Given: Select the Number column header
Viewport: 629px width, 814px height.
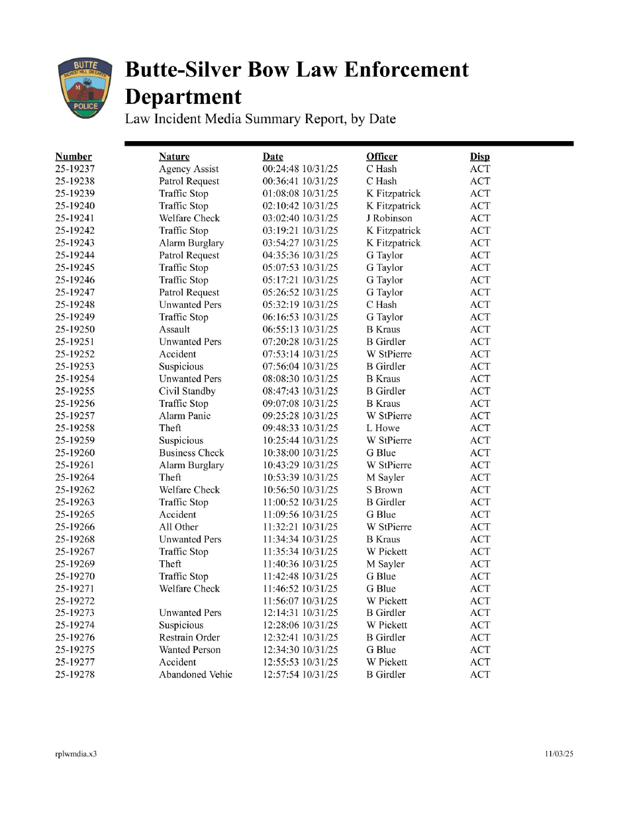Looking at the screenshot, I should coord(73,157).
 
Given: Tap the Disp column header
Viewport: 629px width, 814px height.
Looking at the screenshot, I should coord(479,157).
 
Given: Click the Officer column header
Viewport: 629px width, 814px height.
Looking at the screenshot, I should coord(381,157).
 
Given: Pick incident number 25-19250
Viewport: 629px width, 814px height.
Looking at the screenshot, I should coord(75,329).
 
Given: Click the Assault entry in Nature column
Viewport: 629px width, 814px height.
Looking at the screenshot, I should coord(174,329).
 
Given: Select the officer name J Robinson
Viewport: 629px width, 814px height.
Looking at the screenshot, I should coord(389,218).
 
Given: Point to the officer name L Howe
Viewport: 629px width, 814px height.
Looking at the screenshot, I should coord(383,428).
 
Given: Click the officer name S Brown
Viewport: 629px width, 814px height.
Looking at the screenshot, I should coord(384,489).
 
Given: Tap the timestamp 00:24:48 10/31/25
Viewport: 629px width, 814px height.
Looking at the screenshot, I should coord(300,169).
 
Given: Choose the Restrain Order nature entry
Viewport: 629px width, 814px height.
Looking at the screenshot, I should coord(189,637).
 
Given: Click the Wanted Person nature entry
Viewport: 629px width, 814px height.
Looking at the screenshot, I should coord(189,650).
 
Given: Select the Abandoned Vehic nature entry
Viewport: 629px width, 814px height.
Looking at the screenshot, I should coord(195,674).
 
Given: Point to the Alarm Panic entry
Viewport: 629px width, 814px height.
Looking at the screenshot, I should coord(184,416).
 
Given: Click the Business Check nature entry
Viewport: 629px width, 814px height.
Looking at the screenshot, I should coord(191,453).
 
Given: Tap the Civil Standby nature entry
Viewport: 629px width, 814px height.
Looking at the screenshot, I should coord(187,391).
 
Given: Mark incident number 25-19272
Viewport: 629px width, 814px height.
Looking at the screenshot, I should coord(75,601).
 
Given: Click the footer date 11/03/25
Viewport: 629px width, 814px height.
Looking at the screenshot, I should coord(559,754).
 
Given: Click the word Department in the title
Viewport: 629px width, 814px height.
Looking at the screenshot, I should coord(183,97).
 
